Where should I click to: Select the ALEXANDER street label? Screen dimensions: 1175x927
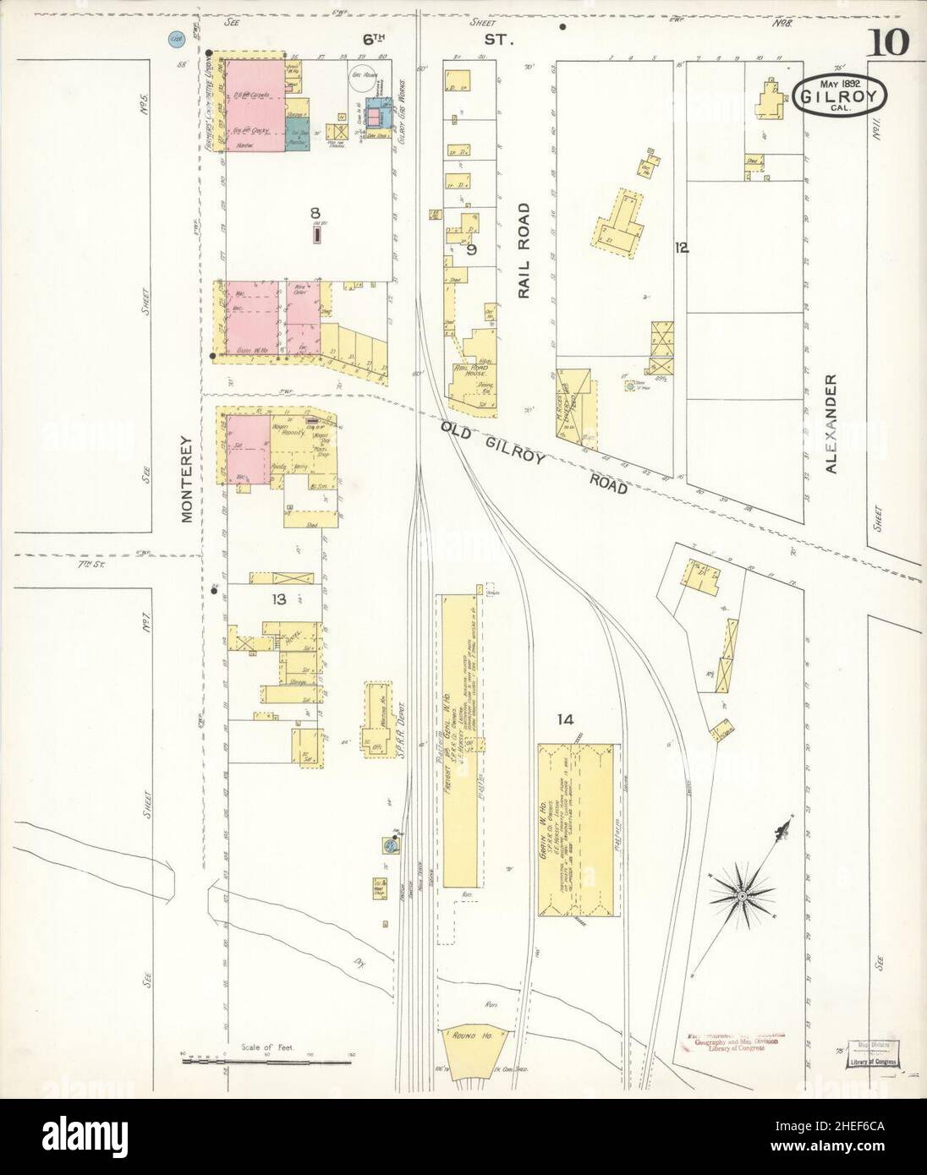tap(831, 423)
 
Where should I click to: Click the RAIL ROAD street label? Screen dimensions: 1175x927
tap(524, 250)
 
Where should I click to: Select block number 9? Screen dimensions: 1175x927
tap(471, 249)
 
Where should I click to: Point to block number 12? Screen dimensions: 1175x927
tap(682, 248)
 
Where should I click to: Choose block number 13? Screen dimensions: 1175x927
tap(277, 599)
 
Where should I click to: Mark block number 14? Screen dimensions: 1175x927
tap(565, 719)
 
